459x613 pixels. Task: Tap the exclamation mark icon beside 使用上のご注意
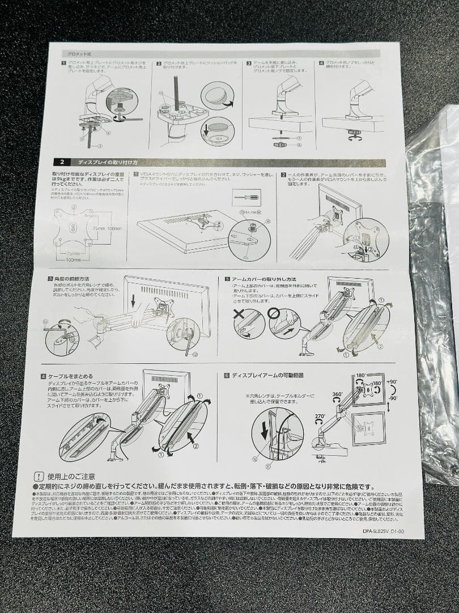(39, 476)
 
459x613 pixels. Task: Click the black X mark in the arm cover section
(240, 313)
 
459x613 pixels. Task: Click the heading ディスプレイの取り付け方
(111, 162)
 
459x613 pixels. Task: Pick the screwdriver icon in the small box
(248, 198)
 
